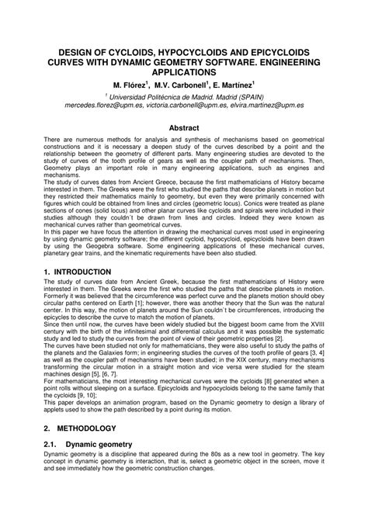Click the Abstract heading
click(185, 127)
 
